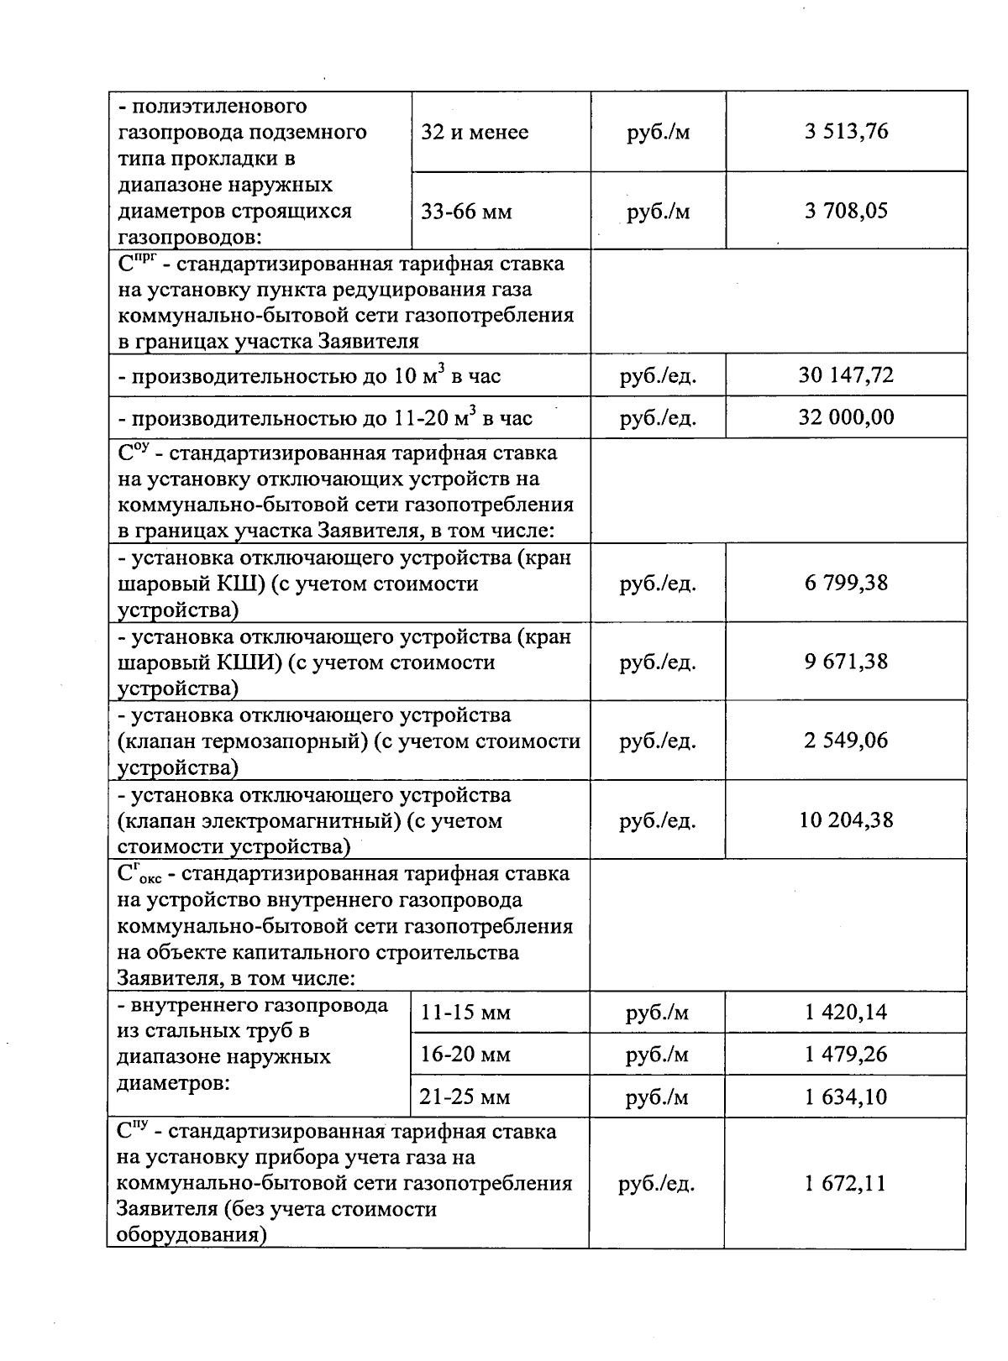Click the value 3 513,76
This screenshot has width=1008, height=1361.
tap(845, 132)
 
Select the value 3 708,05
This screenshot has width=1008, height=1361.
tap(845, 211)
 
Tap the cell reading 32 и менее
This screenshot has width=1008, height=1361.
tap(475, 133)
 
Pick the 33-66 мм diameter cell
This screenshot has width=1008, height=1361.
tap(466, 212)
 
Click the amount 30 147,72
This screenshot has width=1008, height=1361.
tap(845, 374)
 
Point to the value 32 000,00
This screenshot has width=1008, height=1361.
tap(845, 417)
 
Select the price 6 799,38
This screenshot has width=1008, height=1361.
tap(845, 583)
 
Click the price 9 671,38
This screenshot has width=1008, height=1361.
tap(845, 662)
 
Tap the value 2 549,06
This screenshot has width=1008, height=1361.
tap(845, 741)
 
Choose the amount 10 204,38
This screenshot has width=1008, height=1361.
tap(845, 820)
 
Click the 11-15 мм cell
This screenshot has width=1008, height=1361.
tap(465, 1013)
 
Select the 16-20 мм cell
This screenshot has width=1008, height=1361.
tap(465, 1055)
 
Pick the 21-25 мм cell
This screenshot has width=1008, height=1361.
tap(465, 1097)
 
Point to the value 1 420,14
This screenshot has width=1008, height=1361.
tap(845, 1013)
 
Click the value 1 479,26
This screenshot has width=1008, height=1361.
tap(845, 1055)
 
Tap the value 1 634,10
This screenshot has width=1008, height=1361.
tap(845, 1097)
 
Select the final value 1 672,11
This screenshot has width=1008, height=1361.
tap(845, 1184)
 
